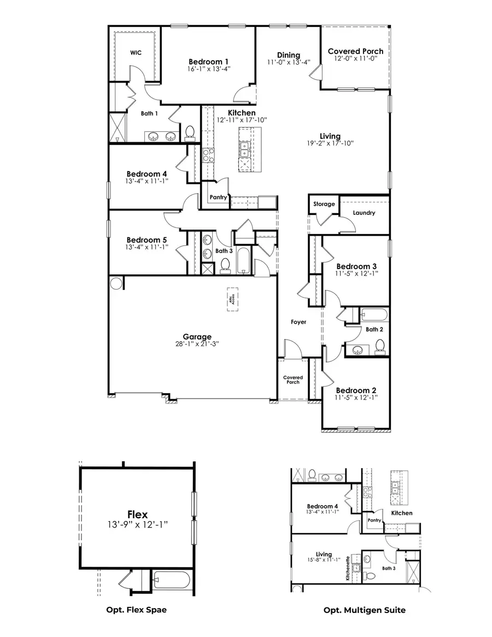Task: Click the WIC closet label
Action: click(136, 52)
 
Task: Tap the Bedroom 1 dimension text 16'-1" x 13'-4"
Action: click(208, 69)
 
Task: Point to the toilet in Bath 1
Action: click(190, 132)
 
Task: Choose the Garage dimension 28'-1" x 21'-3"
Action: click(197, 344)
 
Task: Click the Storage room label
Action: click(324, 204)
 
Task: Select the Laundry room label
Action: click(364, 213)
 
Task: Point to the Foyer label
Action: click(298, 322)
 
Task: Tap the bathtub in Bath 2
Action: click(374, 315)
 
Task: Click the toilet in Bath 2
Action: click(380, 346)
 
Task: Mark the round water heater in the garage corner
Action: click(116, 283)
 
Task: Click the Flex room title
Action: click(137, 515)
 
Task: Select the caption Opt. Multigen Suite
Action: click(364, 610)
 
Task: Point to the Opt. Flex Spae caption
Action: click(136, 609)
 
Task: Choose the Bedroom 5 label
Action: click(147, 239)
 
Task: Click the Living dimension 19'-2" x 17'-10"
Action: click(331, 143)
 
